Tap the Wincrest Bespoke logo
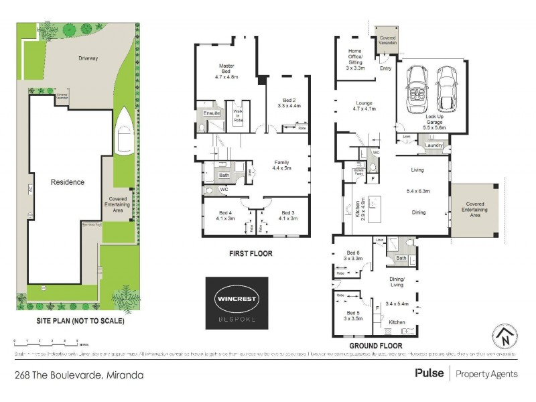point(237,303)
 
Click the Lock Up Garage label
point(434,121)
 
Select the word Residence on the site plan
point(68,182)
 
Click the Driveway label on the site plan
point(88,58)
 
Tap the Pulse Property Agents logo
point(466,373)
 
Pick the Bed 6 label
point(354,255)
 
